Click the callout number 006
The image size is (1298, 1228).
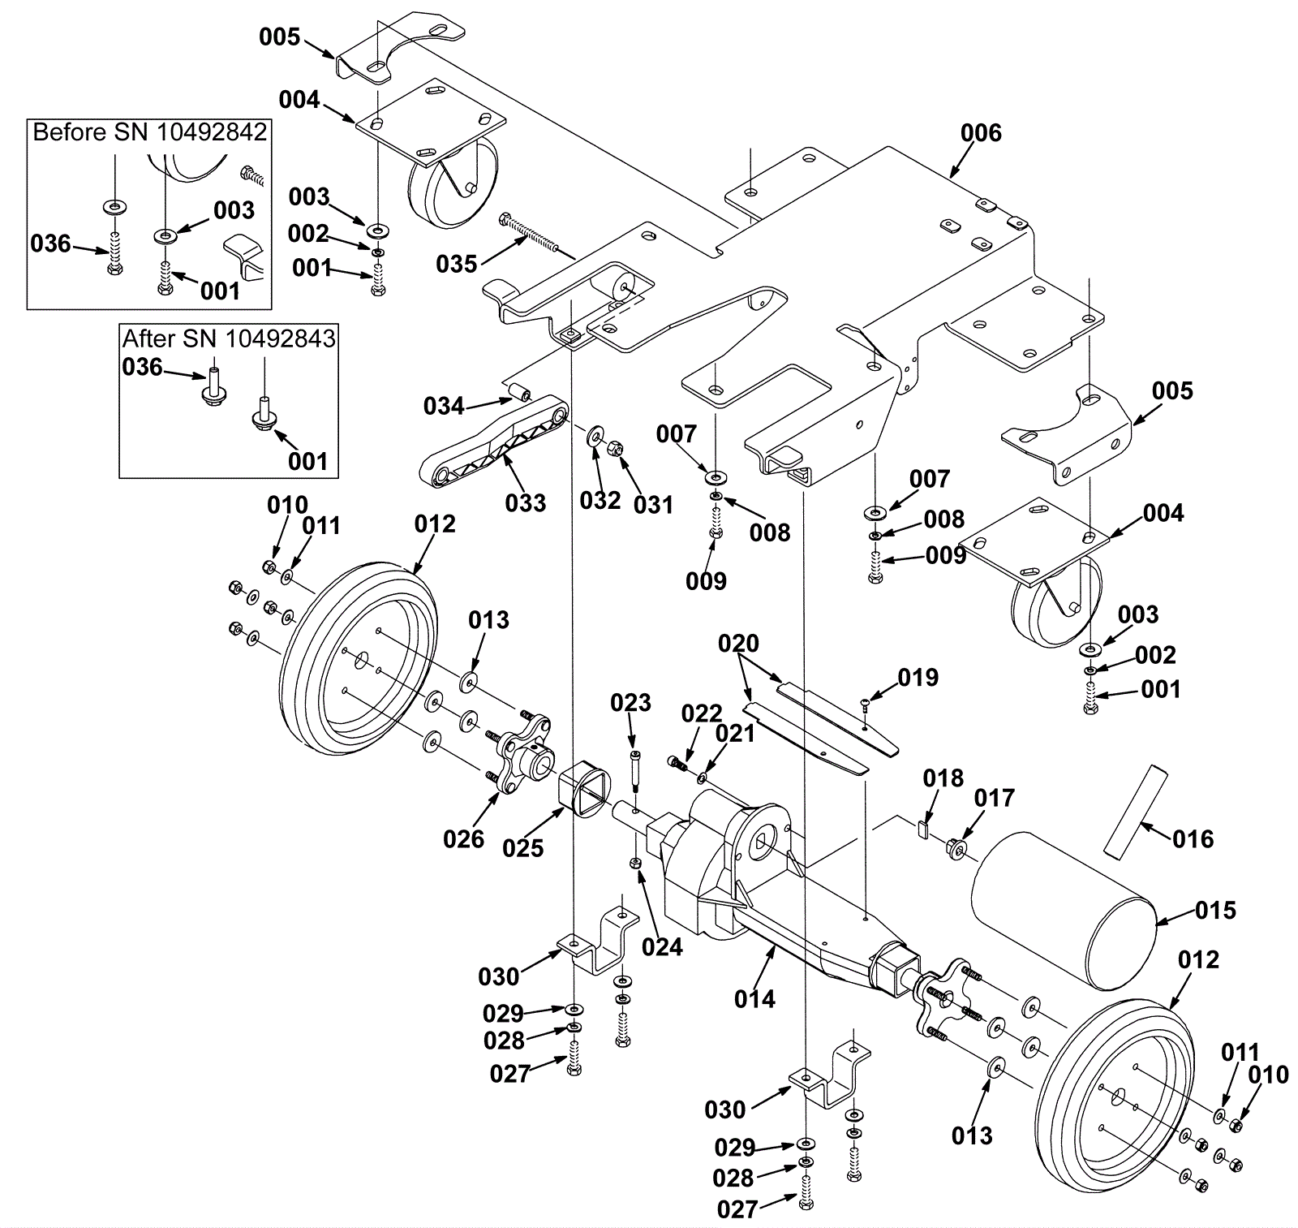coord(981,132)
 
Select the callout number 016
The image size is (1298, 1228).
coord(1193,838)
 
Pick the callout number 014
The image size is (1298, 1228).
coord(754,998)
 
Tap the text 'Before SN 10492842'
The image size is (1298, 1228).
coord(150,131)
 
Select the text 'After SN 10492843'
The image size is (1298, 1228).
coord(229,338)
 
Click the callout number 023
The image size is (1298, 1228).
coord(630,702)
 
